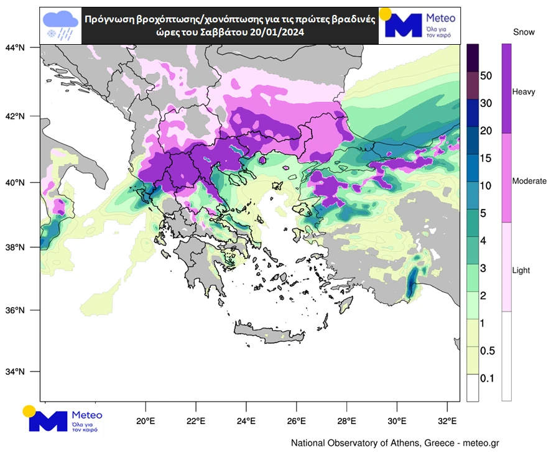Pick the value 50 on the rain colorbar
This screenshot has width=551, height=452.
[x=487, y=76]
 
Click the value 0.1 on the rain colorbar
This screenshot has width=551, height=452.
[x=488, y=378]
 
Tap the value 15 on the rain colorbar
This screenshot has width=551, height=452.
[x=487, y=158]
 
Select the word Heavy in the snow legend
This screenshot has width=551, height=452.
[x=523, y=92]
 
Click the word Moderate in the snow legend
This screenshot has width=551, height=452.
[x=529, y=181]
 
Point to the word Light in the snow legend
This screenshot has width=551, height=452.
[x=521, y=271]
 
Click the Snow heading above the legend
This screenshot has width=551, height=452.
[x=524, y=30]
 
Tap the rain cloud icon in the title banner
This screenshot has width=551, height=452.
[x=60, y=26]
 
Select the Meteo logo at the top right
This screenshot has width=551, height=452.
[x=419, y=25]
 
